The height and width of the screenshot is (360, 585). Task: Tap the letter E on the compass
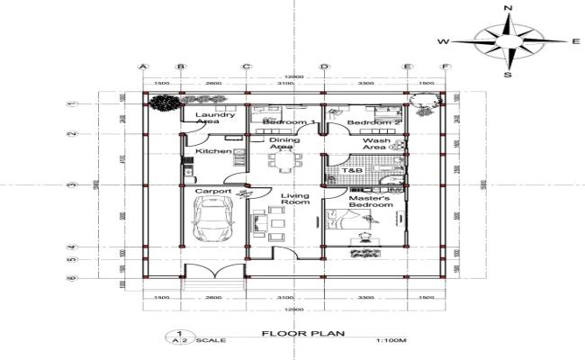[x=575, y=41]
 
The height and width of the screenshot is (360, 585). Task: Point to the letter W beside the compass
[x=443, y=41]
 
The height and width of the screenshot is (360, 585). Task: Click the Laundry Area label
[x=215, y=118]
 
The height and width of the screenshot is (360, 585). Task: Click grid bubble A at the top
[x=142, y=67]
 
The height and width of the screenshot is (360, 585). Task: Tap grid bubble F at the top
[x=445, y=67]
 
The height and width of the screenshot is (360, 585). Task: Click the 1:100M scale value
[x=388, y=340]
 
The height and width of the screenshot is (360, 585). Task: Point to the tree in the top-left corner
[x=162, y=102]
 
